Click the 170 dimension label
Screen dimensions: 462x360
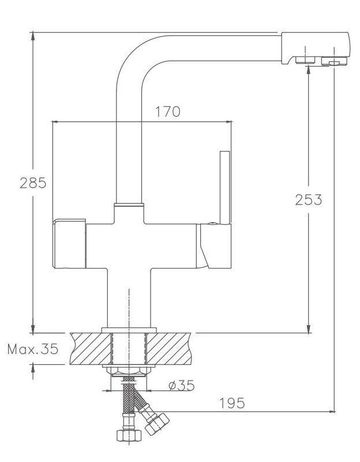pyautogui.click(x=167, y=111)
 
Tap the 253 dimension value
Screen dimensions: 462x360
pyautogui.click(x=309, y=200)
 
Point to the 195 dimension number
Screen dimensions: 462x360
pyautogui.click(x=232, y=403)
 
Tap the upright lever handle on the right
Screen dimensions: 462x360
pyautogui.click(x=223, y=186)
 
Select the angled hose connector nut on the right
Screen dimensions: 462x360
pyautogui.click(x=157, y=423)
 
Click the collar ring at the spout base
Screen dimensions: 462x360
pyautogui.click(x=128, y=204)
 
